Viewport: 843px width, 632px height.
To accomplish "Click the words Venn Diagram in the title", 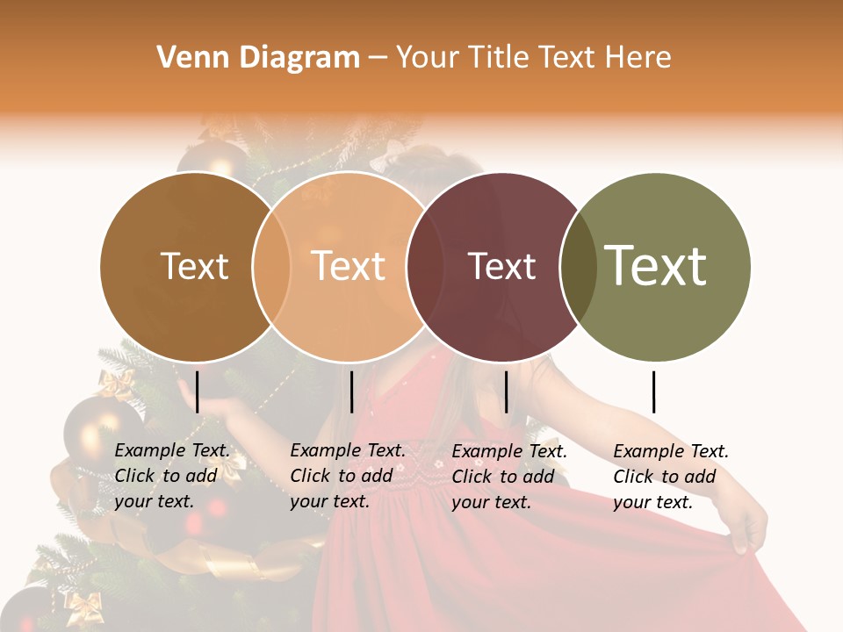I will pyautogui.click(x=258, y=58).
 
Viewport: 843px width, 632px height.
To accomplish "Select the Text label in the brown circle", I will pyautogui.click(x=194, y=266).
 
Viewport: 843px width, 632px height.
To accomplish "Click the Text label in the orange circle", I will pyautogui.click(x=349, y=266).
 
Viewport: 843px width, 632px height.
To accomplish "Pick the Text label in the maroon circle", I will pyautogui.click(x=501, y=267).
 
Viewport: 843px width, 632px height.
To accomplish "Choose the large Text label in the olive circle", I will pyautogui.click(x=656, y=266).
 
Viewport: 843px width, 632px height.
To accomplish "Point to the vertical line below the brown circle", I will pyautogui.click(x=197, y=391).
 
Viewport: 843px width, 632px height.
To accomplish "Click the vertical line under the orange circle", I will pyautogui.click(x=351, y=391).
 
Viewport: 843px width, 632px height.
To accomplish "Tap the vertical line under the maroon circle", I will pyautogui.click(x=506, y=391).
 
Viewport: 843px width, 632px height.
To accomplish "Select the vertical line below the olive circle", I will pyautogui.click(x=653, y=391).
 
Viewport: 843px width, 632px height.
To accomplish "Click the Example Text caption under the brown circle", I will pyautogui.click(x=171, y=476).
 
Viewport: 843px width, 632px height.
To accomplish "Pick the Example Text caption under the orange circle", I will pyautogui.click(x=347, y=476).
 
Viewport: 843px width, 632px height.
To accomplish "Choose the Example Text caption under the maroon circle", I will pyautogui.click(x=508, y=477).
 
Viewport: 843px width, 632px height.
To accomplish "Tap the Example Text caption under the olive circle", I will pyautogui.click(x=670, y=477).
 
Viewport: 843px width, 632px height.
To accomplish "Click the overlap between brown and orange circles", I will pyautogui.click(x=272, y=267).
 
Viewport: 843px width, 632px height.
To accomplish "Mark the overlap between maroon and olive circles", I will pyautogui.click(x=578, y=267).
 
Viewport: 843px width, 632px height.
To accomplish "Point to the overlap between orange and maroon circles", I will pyautogui.click(x=418, y=267).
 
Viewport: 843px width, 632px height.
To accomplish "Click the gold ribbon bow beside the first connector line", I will pyautogui.click(x=116, y=384).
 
